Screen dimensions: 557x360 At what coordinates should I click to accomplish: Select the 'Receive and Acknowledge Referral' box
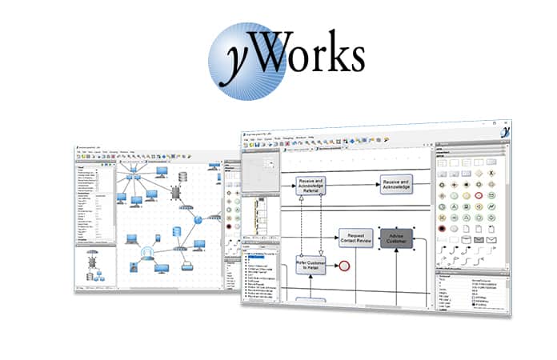[311, 186]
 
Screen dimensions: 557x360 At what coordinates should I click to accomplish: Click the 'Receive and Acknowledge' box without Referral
[396, 186]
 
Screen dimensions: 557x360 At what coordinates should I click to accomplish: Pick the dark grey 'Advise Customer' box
[398, 238]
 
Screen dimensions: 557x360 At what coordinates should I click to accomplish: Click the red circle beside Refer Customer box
[345, 264]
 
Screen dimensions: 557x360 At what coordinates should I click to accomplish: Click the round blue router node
[198, 219]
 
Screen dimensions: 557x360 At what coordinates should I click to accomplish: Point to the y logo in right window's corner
[505, 133]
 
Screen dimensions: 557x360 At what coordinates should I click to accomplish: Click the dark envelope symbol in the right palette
[495, 239]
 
